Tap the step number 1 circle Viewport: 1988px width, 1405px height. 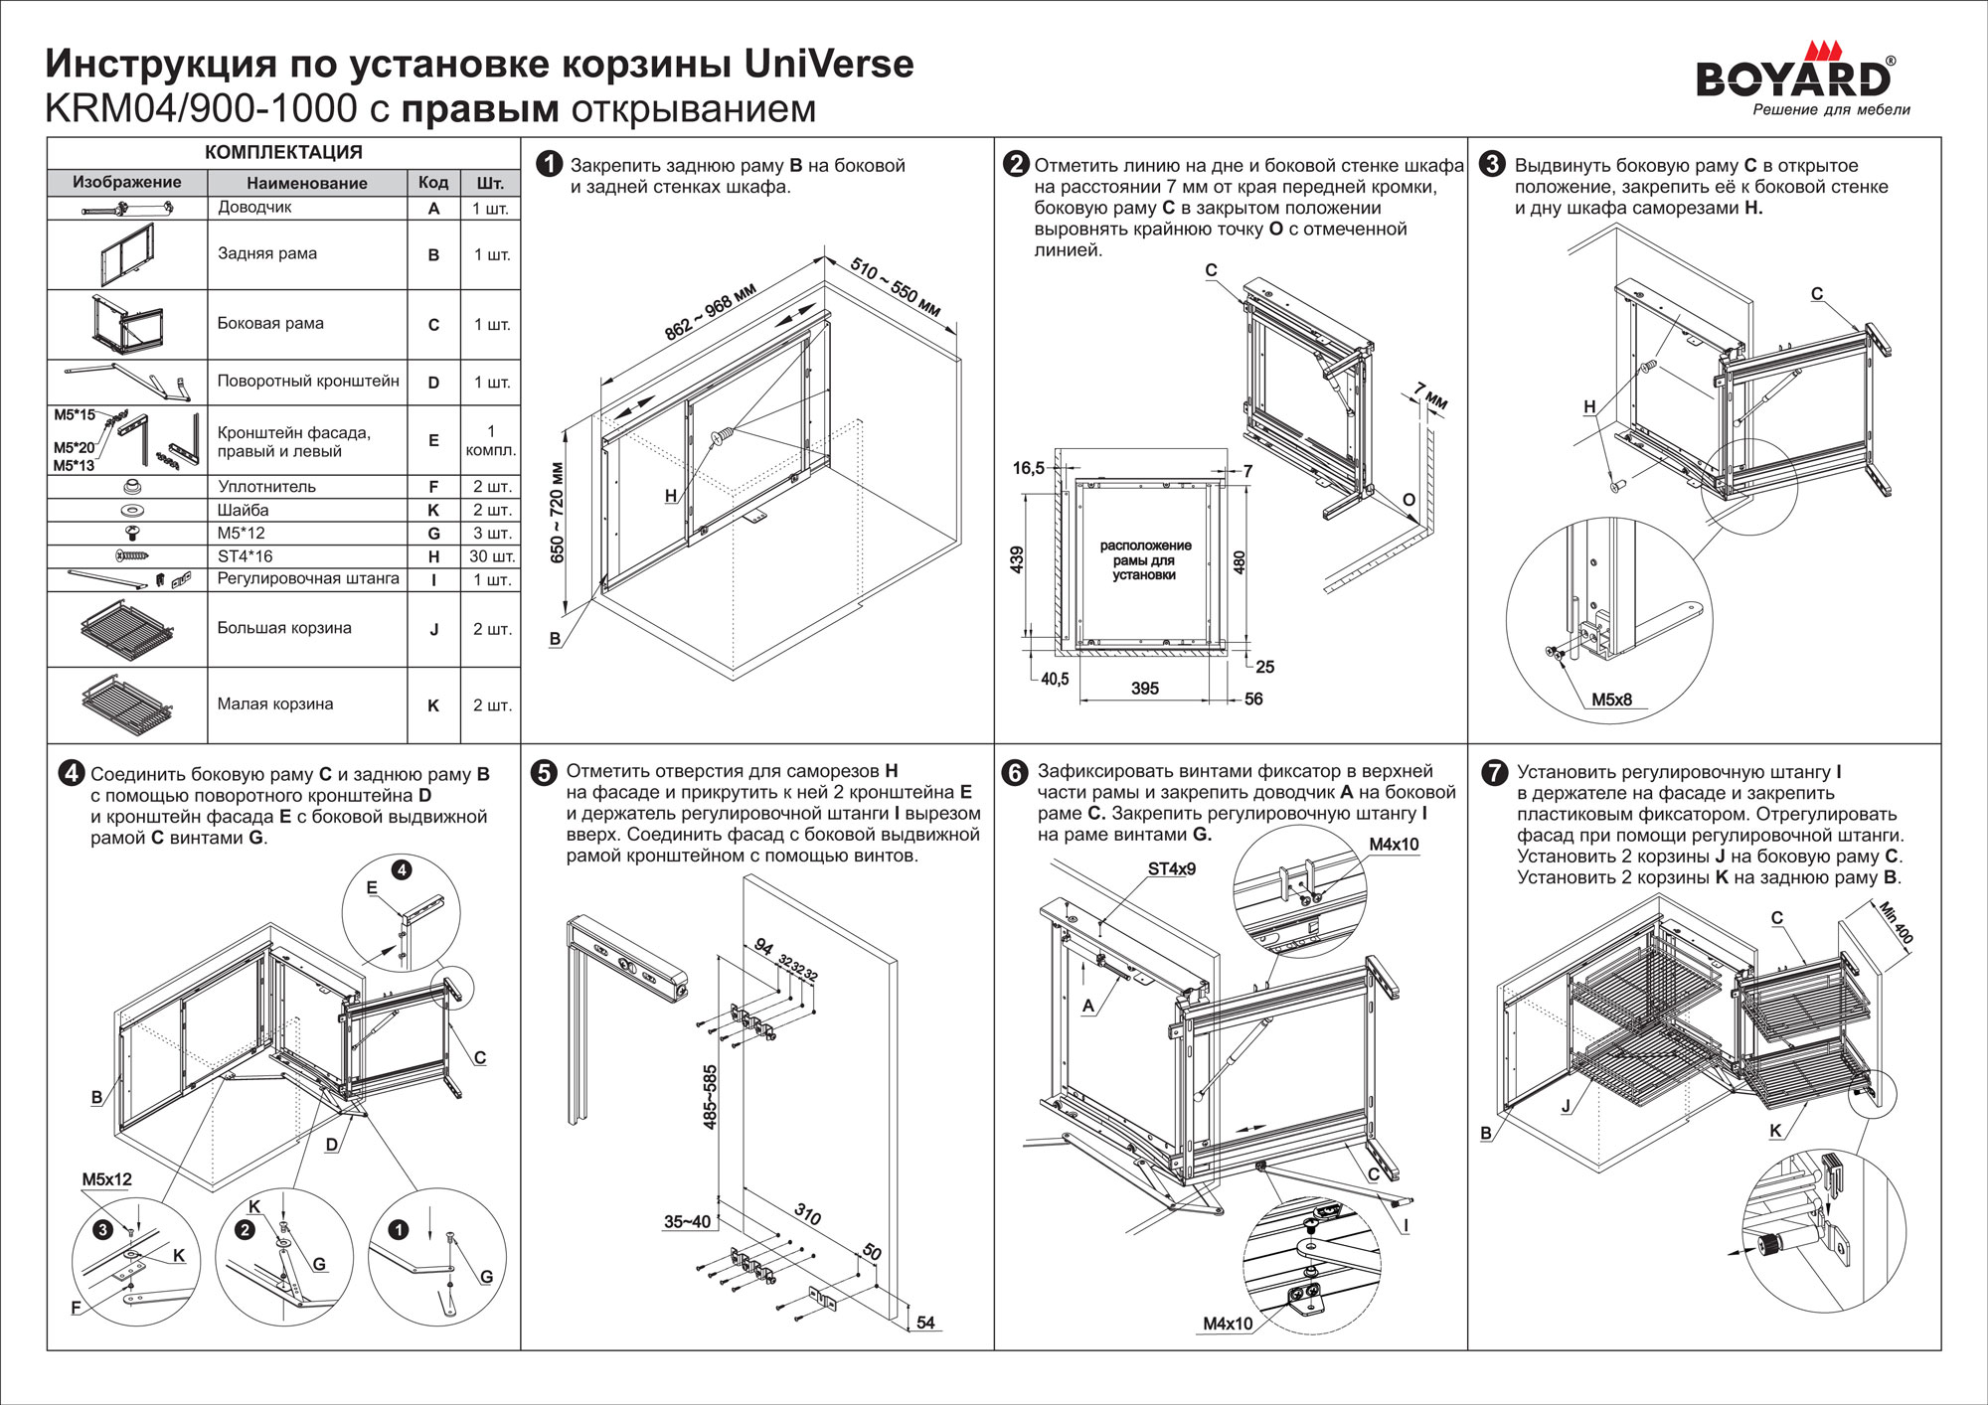click(x=549, y=165)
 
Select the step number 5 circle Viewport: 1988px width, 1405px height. click(x=544, y=773)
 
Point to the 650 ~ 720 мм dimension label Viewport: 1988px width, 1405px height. click(x=557, y=513)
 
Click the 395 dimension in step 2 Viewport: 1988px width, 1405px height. click(x=1144, y=689)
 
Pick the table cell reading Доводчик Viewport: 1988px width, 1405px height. click(x=254, y=208)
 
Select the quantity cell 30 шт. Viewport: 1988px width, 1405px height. click(x=491, y=556)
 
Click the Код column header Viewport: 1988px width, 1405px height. click(x=433, y=183)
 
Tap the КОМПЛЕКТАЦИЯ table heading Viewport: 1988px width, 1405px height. click(x=283, y=152)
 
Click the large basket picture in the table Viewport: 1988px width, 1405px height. click(x=127, y=629)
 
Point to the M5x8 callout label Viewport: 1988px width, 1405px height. click(x=1611, y=700)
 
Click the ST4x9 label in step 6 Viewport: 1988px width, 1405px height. click(x=1172, y=869)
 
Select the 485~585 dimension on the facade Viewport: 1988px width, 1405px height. click(x=710, y=1097)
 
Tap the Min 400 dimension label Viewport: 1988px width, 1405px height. click(x=1896, y=922)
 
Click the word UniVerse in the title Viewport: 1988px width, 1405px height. click(x=828, y=65)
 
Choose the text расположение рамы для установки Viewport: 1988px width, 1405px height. click(x=1145, y=560)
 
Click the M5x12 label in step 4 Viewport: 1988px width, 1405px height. click(x=106, y=1179)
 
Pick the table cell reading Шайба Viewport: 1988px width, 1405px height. click(x=244, y=510)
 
